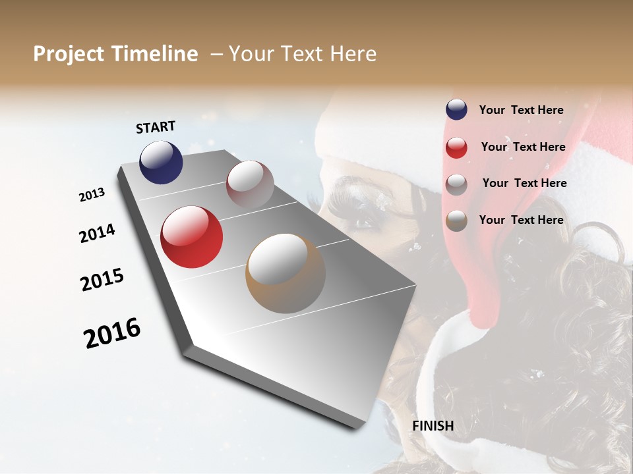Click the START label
click(x=156, y=127)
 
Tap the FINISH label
click(x=433, y=426)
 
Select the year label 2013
click(x=92, y=194)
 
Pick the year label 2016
click(x=112, y=333)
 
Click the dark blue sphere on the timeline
click(x=161, y=163)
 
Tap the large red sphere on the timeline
click(x=191, y=237)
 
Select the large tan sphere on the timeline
click(x=286, y=273)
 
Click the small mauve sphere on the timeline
click(x=250, y=184)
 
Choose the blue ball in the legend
click(x=456, y=110)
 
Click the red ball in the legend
click(x=456, y=147)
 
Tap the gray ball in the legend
click(x=456, y=184)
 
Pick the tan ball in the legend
click(x=456, y=221)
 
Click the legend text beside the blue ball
click(x=521, y=110)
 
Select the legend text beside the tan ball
click(x=521, y=220)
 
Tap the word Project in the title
click(x=69, y=54)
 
